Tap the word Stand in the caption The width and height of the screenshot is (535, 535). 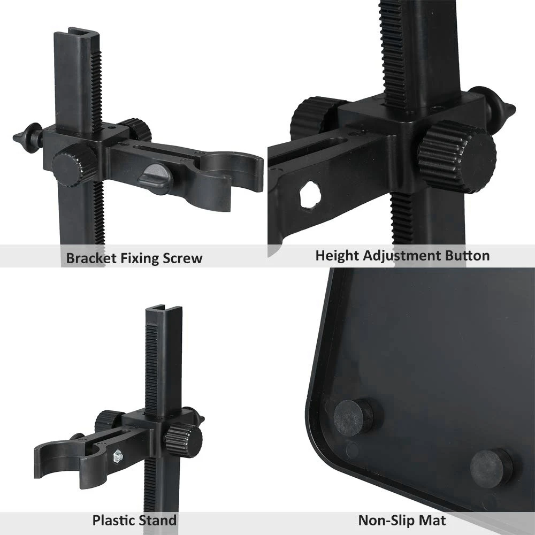[x=158, y=519]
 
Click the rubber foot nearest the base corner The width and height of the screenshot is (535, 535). [x=353, y=417]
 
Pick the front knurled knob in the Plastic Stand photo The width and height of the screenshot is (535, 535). [x=182, y=440]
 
